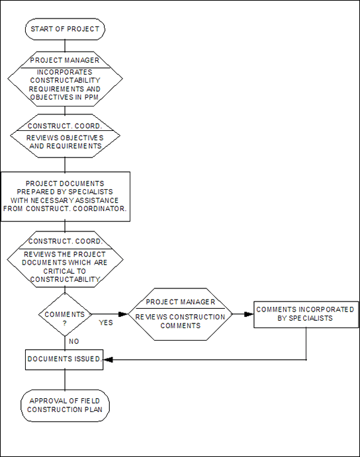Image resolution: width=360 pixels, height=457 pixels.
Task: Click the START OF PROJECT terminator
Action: click(65, 29)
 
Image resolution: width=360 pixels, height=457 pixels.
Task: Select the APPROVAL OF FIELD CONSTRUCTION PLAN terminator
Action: click(65, 405)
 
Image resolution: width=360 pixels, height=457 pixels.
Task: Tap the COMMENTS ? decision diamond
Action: click(65, 315)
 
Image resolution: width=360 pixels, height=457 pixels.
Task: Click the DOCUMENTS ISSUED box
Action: click(64, 360)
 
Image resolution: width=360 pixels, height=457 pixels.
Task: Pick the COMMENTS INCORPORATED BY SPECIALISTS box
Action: click(306, 315)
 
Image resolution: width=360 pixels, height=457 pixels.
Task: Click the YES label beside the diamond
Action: click(106, 323)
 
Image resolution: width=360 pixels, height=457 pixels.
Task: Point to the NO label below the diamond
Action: click(74, 341)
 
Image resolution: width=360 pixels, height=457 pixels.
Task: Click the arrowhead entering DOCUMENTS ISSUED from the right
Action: click(108, 360)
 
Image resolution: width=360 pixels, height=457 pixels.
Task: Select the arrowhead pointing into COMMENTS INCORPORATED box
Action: click(249, 314)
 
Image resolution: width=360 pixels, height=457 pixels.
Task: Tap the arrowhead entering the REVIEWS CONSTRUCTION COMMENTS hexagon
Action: click(123, 314)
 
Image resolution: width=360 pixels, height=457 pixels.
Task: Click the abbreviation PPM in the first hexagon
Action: click(91, 97)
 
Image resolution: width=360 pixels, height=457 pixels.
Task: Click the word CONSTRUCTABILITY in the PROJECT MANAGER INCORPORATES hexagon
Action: click(65, 80)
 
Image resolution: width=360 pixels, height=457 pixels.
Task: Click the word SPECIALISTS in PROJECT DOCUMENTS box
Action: click(91, 192)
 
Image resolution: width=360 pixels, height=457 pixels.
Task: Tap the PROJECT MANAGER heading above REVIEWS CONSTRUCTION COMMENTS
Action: click(180, 302)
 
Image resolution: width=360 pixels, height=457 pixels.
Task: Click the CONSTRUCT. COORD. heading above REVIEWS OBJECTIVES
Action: click(65, 126)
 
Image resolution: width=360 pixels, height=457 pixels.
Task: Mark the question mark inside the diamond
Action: click(64, 323)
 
